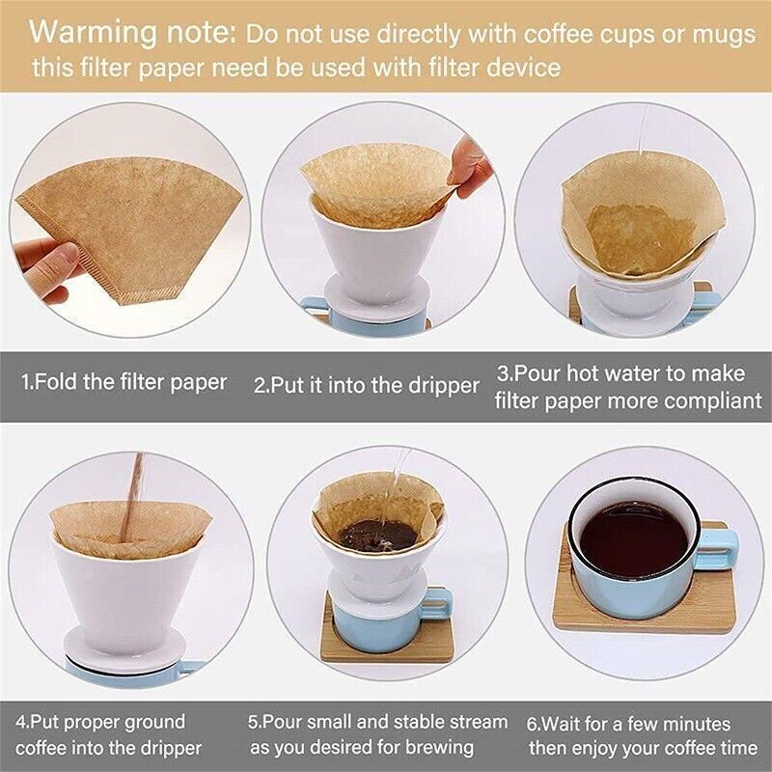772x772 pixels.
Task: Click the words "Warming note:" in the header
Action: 132,32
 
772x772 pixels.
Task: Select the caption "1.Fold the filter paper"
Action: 124,381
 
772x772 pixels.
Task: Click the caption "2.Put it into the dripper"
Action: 367,385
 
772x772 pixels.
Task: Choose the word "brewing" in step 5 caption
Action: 433,746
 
